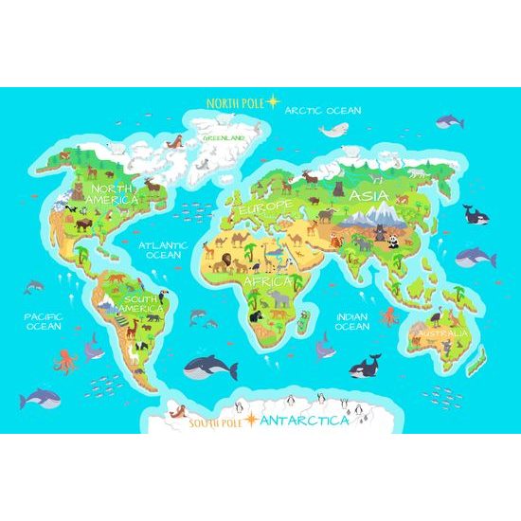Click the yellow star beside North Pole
(x=273, y=100)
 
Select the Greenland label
(x=224, y=138)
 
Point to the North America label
(x=113, y=194)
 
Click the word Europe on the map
(x=266, y=207)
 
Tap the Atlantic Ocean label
(x=163, y=249)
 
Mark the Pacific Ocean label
(x=44, y=322)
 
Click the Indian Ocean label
(x=352, y=321)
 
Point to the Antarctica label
(x=303, y=420)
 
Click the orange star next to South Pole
(x=250, y=420)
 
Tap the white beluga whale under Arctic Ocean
(x=335, y=131)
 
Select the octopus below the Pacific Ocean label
(x=65, y=360)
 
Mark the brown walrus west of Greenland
(x=173, y=142)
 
